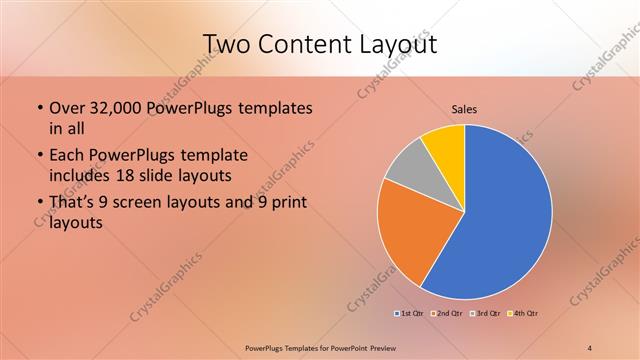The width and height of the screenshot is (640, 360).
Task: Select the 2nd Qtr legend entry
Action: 446,314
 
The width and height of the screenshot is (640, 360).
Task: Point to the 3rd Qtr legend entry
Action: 487,314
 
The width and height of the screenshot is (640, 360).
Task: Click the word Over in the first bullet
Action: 67,107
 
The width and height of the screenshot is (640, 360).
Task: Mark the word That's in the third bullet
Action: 73,204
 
